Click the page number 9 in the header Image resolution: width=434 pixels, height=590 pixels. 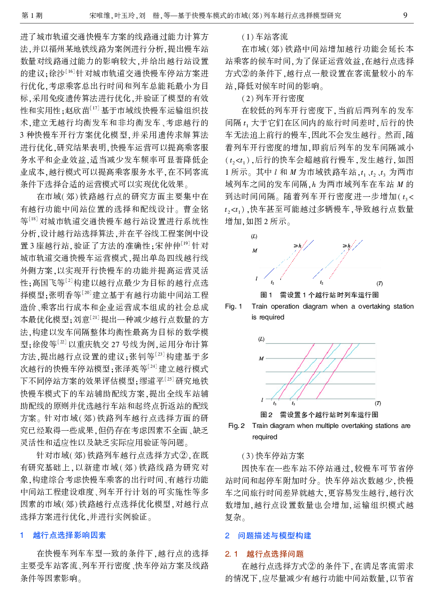405,15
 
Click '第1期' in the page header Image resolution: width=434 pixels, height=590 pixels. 32,16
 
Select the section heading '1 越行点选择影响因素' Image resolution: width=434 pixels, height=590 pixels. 63,535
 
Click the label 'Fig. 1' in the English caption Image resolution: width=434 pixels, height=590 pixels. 233,306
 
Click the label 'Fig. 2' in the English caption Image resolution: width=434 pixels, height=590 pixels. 236,426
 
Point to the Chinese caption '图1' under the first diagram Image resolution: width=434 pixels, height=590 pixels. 266,295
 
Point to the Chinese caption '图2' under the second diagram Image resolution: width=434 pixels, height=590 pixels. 266,414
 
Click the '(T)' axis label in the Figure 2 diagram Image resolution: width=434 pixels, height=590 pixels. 378,403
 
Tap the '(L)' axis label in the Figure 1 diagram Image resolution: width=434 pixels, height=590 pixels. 254,236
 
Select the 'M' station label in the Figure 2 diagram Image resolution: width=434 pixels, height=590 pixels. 261,358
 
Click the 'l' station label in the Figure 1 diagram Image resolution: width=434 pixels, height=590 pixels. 256,279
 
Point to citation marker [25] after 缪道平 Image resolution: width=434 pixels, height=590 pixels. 169,379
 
